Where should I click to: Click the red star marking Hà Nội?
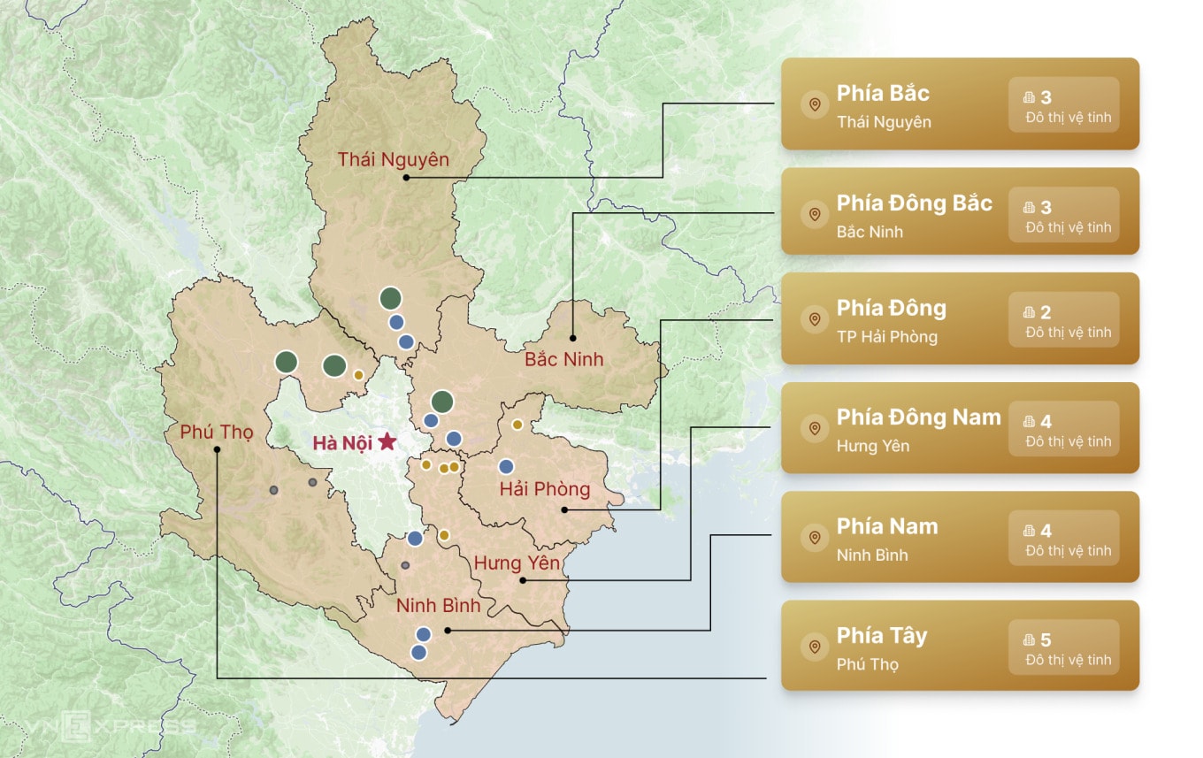tap(387, 442)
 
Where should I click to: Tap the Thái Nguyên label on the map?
tap(393, 160)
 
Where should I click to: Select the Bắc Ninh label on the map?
tap(563, 360)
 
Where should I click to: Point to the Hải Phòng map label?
tap(544, 489)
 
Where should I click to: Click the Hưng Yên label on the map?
tap(517, 563)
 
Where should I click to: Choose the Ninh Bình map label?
tap(438, 606)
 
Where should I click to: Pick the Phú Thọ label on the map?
tap(217, 432)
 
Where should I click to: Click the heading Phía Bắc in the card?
tap(883, 94)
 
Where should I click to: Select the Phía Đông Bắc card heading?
tap(914, 203)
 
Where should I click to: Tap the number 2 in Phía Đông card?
tap(1046, 313)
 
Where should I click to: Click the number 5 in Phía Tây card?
tap(1046, 640)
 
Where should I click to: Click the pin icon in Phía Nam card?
tap(814, 538)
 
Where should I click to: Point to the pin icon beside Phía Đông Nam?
tap(814, 429)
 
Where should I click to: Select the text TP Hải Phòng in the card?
tap(886, 337)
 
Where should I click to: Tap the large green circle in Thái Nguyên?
tap(390, 299)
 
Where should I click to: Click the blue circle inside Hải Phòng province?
tap(506, 466)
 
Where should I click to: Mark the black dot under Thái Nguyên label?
tap(405, 177)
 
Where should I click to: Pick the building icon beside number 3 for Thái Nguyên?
tap(1029, 97)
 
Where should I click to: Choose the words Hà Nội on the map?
tap(342, 443)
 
